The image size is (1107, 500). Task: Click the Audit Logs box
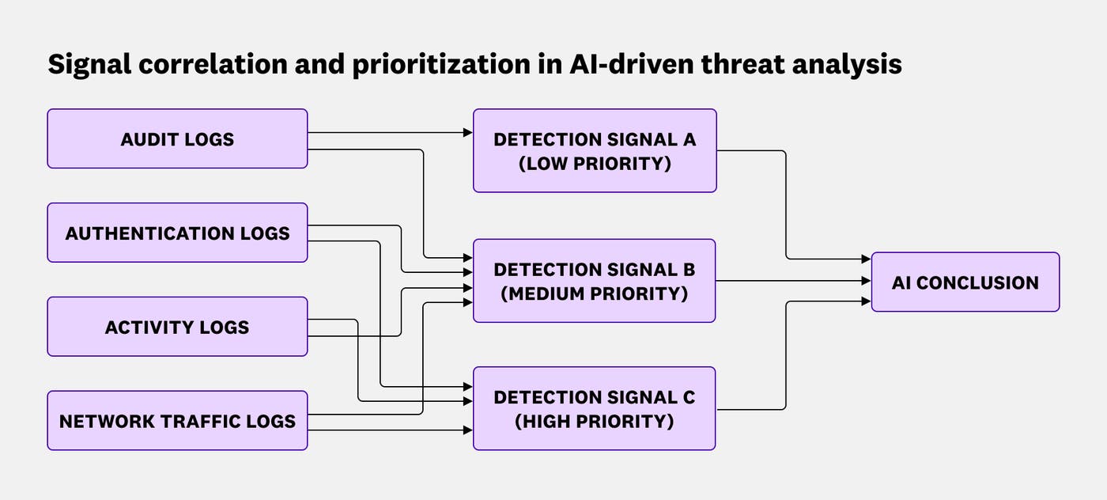177,139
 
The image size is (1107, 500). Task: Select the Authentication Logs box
177,233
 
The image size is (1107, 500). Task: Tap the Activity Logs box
177,327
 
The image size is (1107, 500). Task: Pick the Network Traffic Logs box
177,420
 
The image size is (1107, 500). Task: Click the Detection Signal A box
595,151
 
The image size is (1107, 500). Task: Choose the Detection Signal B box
595,281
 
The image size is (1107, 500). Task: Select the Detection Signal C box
595,408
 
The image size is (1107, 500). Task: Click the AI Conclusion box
965,282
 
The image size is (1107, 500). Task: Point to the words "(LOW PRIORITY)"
595,164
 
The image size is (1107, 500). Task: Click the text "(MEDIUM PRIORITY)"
595,294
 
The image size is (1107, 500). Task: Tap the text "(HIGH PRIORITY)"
595,421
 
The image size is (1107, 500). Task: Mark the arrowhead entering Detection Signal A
468,133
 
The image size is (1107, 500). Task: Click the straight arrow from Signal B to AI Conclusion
791,280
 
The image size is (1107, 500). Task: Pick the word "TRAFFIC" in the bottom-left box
197,421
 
